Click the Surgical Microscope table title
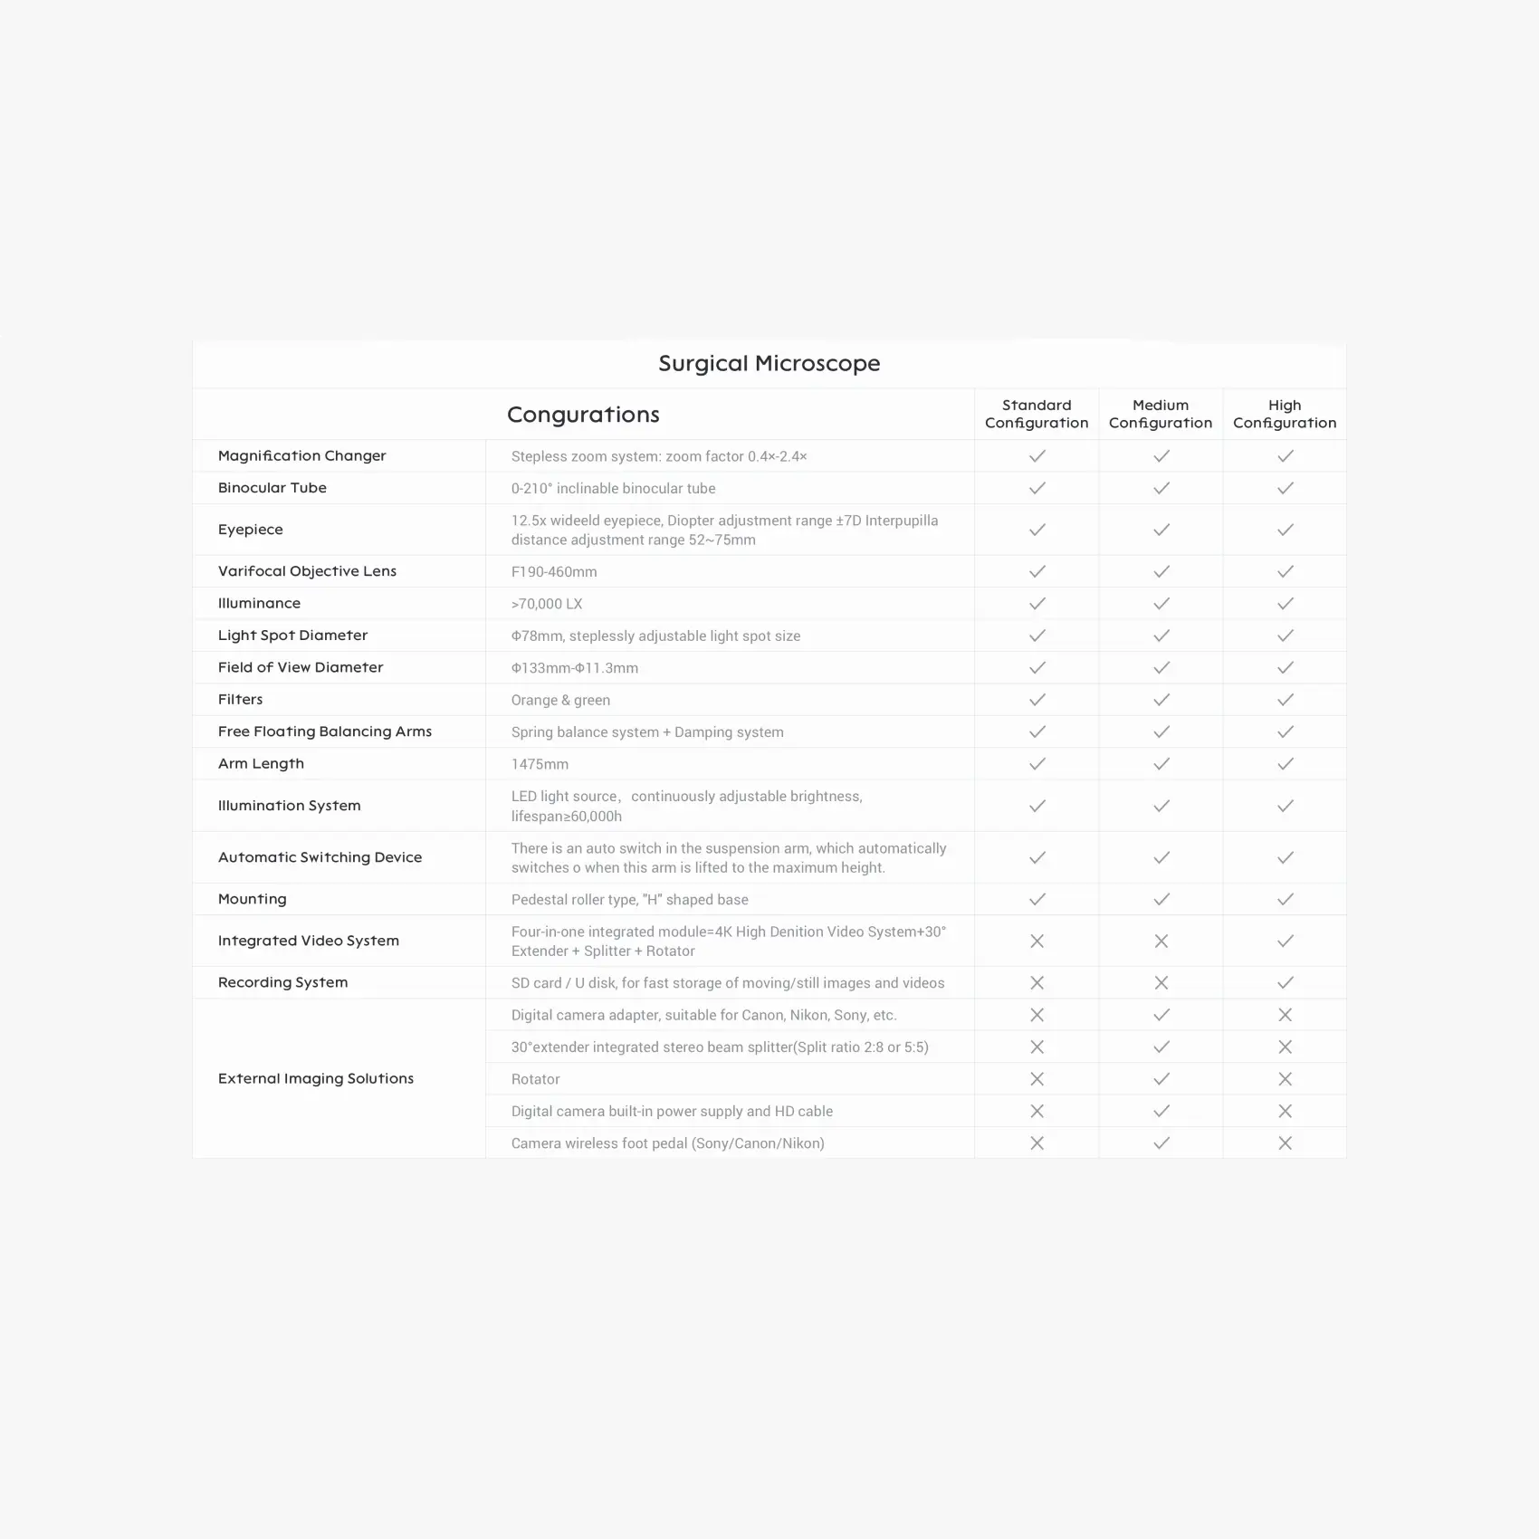(769, 364)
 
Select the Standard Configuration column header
(1037, 414)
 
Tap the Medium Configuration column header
(1161, 414)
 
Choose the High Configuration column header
(1285, 414)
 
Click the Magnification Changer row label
(301, 455)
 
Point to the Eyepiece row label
(251, 530)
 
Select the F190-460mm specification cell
(554, 572)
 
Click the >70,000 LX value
(547, 604)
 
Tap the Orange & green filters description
(560, 700)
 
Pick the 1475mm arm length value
(540, 764)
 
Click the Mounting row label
(252, 899)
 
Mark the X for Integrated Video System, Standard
(1037, 942)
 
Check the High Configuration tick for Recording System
(1285, 983)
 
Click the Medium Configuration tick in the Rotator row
(1161, 1079)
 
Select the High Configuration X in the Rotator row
(1285, 1079)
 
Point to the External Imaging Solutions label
(315, 1078)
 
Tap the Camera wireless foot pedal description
(667, 1143)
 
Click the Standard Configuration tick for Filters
(1037, 700)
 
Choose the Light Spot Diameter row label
(292, 636)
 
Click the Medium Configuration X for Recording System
(1161, 983)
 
